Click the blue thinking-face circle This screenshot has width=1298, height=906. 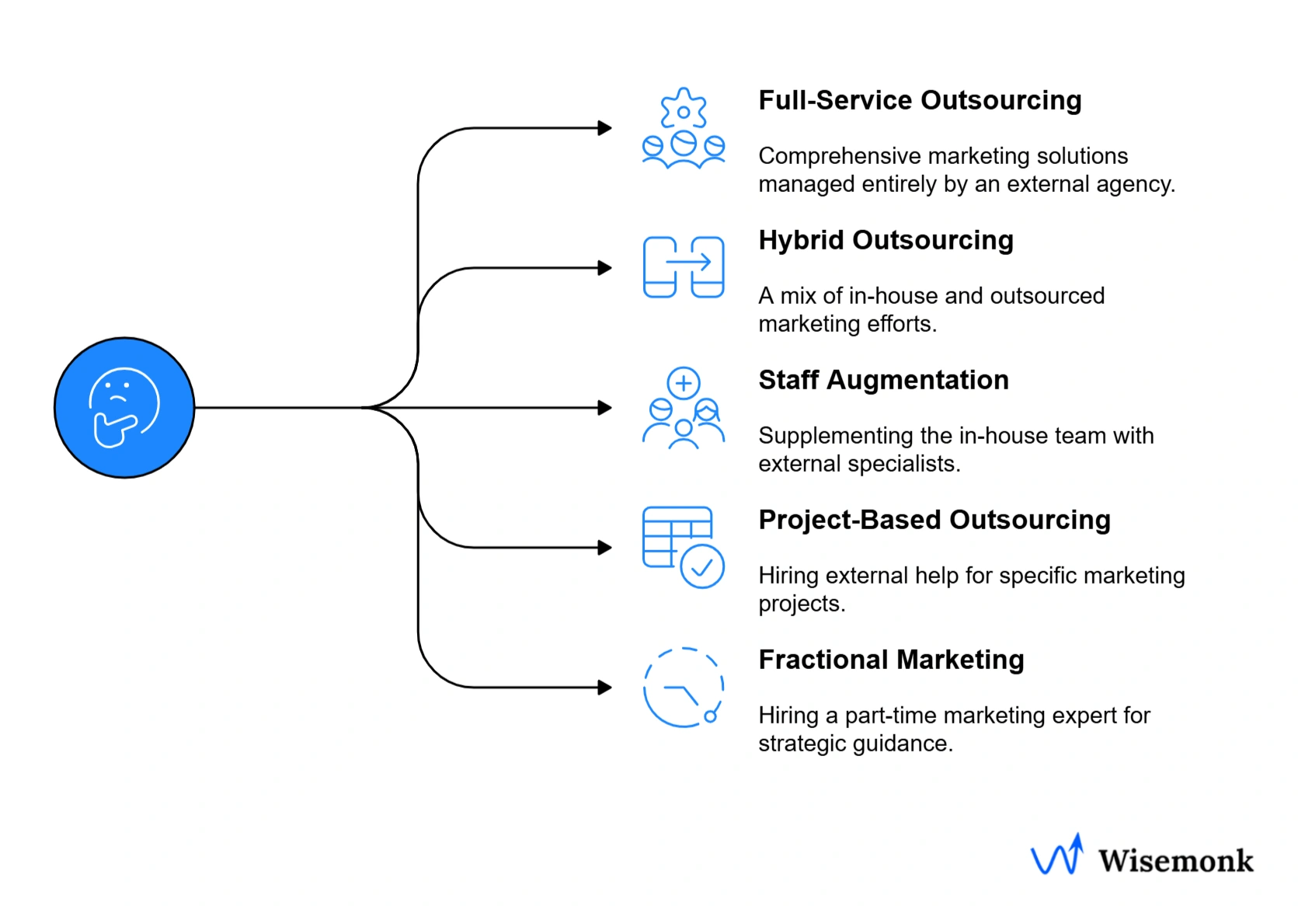(x=124, y=407)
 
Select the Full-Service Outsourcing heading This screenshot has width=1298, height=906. (x=919, y=100)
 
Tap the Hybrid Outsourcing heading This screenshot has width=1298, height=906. (x=886, y=240)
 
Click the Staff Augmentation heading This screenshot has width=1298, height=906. (x=883, y=380)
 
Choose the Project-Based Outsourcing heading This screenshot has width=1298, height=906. (x=934, y=520)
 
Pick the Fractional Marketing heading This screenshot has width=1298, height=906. (x=891, y=660)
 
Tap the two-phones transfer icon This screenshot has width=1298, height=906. (x=684, y=267)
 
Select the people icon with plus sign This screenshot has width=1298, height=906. (x=684, y=408)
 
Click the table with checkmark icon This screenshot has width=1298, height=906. (x=684, y=547)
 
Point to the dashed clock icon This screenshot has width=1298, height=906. (x=684, y=688)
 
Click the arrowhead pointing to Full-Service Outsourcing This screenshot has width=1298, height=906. (x=604, y=128)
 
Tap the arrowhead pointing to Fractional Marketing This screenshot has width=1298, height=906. (x=604, y=688)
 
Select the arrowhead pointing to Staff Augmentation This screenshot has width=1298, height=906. (x=604, y=408)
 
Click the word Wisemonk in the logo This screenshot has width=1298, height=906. (x=1175, y=861)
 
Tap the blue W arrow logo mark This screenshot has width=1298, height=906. (x=1057, y=855)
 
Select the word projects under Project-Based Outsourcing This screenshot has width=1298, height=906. (x=800, y=604)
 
